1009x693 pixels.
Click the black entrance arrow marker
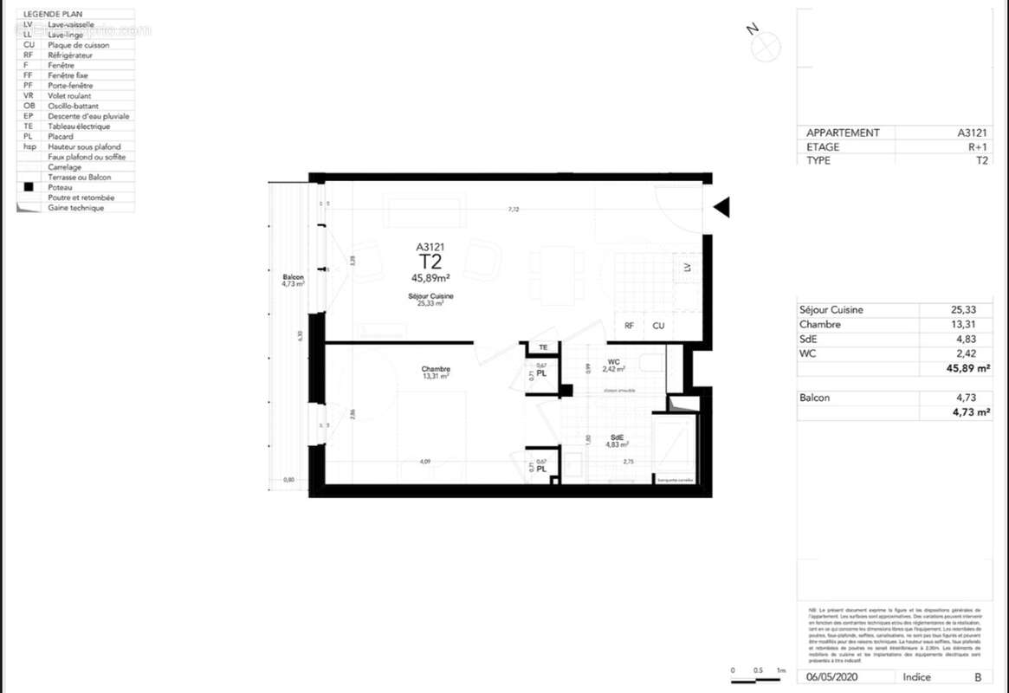click(x=721, y=207)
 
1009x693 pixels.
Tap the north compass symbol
click(x=766, y=48)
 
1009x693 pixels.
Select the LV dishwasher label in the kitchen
click(x=688, y=269)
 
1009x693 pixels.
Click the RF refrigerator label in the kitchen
click(x=629, y=327)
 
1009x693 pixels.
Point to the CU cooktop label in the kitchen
click(x=658, y=327)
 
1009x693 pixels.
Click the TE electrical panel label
click(x=543, y=347)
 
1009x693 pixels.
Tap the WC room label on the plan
click(x=613, y=361)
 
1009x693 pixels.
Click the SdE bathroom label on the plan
click(x=617, y=438)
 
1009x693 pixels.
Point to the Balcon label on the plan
click(x=293, y=277)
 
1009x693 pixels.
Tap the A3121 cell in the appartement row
click(x=972, y=133)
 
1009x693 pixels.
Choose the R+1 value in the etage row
click(x=977, y=147)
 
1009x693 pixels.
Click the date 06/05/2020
click(x=831, y=677)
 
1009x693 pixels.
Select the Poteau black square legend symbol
click(x=29, y=187)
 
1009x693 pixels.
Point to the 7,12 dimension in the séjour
click(x=514, y=209)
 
